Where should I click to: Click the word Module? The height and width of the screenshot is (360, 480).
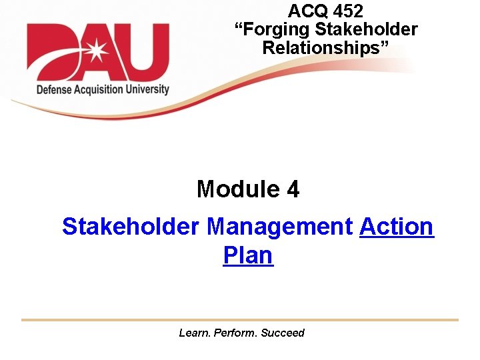point(229,190)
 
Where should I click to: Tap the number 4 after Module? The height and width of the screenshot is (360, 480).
point(293,190)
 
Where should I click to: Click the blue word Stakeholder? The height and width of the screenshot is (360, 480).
point(131,227)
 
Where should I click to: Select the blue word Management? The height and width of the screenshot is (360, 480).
point(279,227)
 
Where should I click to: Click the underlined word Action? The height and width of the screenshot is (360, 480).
point(397,227)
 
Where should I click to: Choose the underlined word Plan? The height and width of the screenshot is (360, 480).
point(248,255)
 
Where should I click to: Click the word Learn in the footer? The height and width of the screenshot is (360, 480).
point(194,333)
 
